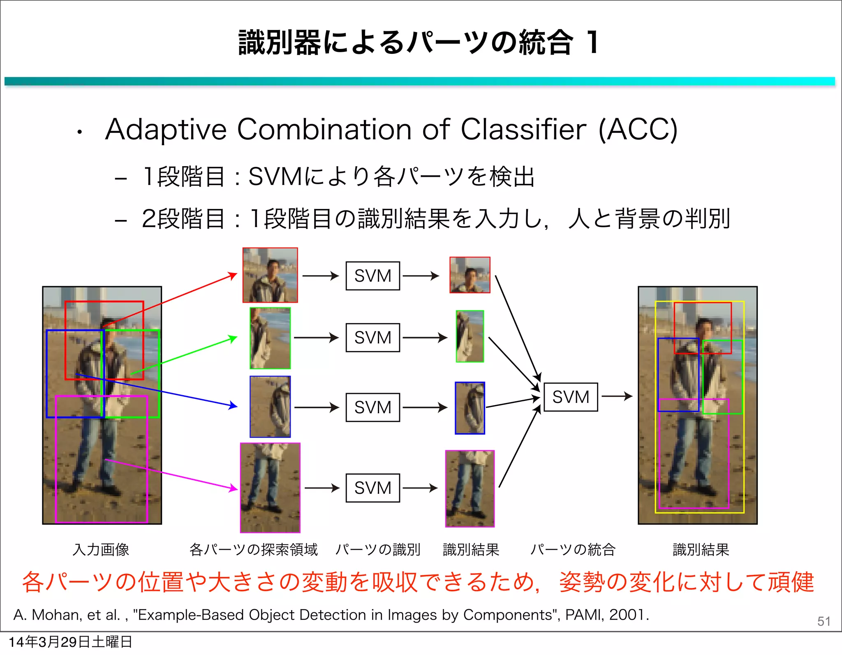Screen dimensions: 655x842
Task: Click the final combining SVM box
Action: (x=570, y=397)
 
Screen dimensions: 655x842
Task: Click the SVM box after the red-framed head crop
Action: (x=372, y=275)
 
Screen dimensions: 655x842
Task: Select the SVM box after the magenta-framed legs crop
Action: (x=372, y=488)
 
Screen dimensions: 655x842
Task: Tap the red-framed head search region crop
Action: (x=270, y=275)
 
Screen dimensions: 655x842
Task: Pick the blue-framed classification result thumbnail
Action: (x=470, y=408)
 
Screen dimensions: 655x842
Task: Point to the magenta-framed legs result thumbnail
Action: (x=470, y=488)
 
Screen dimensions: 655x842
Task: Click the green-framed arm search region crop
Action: (x=270, y=338)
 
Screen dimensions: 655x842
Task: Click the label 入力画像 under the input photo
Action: (x=101, y=549)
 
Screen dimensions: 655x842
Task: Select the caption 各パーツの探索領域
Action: (x=253, y=549)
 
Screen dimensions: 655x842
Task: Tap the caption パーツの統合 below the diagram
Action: (x=573, y=549)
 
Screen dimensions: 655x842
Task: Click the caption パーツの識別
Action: (x=378, y=549)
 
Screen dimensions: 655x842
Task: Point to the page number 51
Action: (x=823, y=621)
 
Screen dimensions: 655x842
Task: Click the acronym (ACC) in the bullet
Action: (x=638, y=130)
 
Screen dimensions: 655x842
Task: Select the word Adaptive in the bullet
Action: (x=166, y=130)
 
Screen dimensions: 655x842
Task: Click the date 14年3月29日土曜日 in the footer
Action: (x=70, y=642)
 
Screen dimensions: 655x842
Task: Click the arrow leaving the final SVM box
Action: (x=616, y=396)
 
